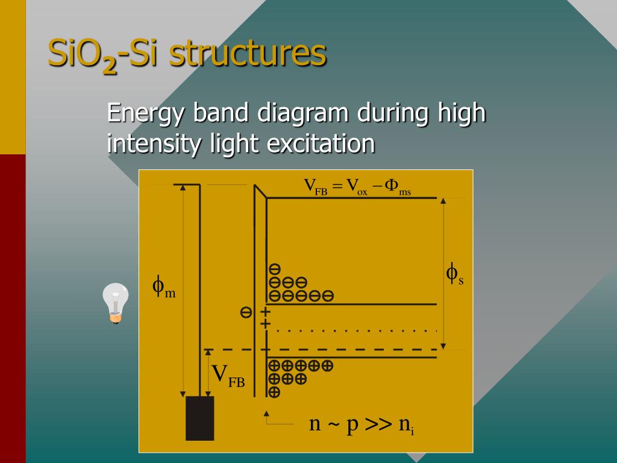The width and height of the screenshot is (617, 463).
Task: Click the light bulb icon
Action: point(115,303)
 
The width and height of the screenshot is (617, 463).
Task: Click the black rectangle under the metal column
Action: point(199,418)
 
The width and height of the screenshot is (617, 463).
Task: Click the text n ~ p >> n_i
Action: point(361,424)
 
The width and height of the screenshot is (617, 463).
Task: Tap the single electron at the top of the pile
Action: point(274,269)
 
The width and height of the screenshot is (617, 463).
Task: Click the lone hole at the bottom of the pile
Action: point(274,392)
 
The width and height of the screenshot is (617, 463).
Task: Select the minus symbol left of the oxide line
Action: point(246,312)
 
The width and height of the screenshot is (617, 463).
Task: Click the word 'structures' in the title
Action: point(248,54)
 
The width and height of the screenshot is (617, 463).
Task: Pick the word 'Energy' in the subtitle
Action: point(146,113)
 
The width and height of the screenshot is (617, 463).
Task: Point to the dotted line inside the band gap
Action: point(355,330)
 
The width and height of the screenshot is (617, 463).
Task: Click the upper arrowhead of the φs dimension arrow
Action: point(443,201)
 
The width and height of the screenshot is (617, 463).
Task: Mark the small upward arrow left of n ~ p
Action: point(266,414)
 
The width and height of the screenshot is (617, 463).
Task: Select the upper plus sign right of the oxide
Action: point(265,312)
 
